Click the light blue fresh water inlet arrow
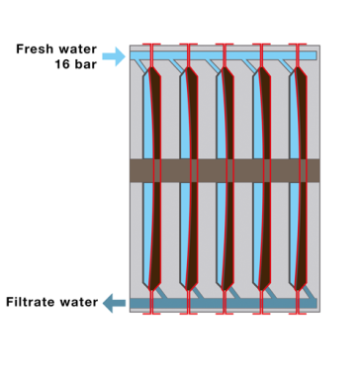(x=116, y=56)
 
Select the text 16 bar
(x=77, y=64)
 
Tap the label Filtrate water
(x=51, y=303)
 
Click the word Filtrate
(x=30, y=303)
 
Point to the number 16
(x=63, y=64)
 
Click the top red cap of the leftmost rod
(x=151, y=45)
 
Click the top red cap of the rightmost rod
(x=298, y=45)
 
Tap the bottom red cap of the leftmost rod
(x=151, y=313)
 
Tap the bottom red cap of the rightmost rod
(x=298, y=313)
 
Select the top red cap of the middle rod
(x=225, y=45)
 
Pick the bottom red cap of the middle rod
(x=225, y=313)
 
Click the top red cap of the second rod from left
(x=188, y=45)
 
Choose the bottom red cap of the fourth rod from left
(x=261, y=313)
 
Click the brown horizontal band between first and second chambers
(x=169, y=170)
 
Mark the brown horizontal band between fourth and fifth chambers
(x=279, y=170)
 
